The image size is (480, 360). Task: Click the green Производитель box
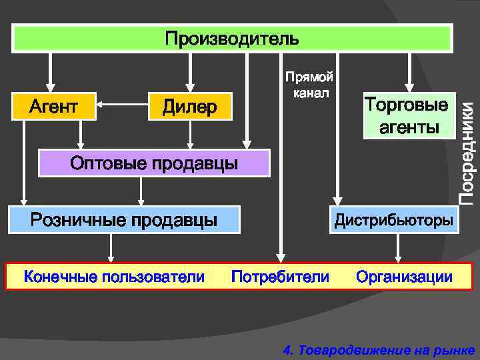pyautogui.click(x=232, y=38)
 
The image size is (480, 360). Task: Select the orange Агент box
pyautogui.click(x=54, y=106)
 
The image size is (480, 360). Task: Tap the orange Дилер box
pyautogui.click(x=190, y=107)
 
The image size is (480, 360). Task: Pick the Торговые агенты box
pyautogui.click(x=405, y=116)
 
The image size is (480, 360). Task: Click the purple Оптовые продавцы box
pyautogui.click(x=154, y=163)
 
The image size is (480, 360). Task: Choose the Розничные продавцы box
pyautogui.click(x=124, y=219)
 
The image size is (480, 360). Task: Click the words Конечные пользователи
pyautogui.click(x=114, y=277)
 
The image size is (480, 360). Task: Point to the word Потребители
pyautogui.click(x=280, y=277)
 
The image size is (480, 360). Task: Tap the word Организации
pyautogui.click(x=404, y=277)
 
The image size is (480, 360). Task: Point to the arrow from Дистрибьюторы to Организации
pyautogui.click(x=398, y=248)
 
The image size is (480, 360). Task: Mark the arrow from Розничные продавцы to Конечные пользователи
pyautogui.click(x=111, y=248)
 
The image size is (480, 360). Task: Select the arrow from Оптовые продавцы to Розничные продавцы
pyautogui.click(x=141, y=191)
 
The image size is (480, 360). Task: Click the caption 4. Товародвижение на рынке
pyautogui.click(x=378, y=349)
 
